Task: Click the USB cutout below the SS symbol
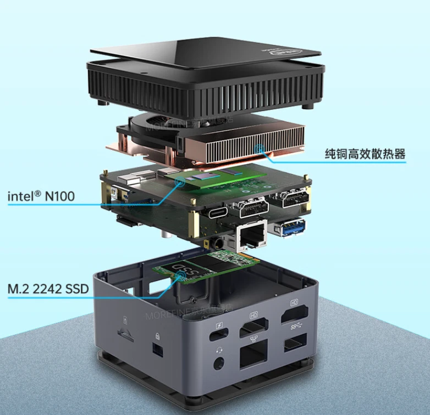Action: [295, 346]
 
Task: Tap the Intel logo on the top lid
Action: [291, 52]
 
